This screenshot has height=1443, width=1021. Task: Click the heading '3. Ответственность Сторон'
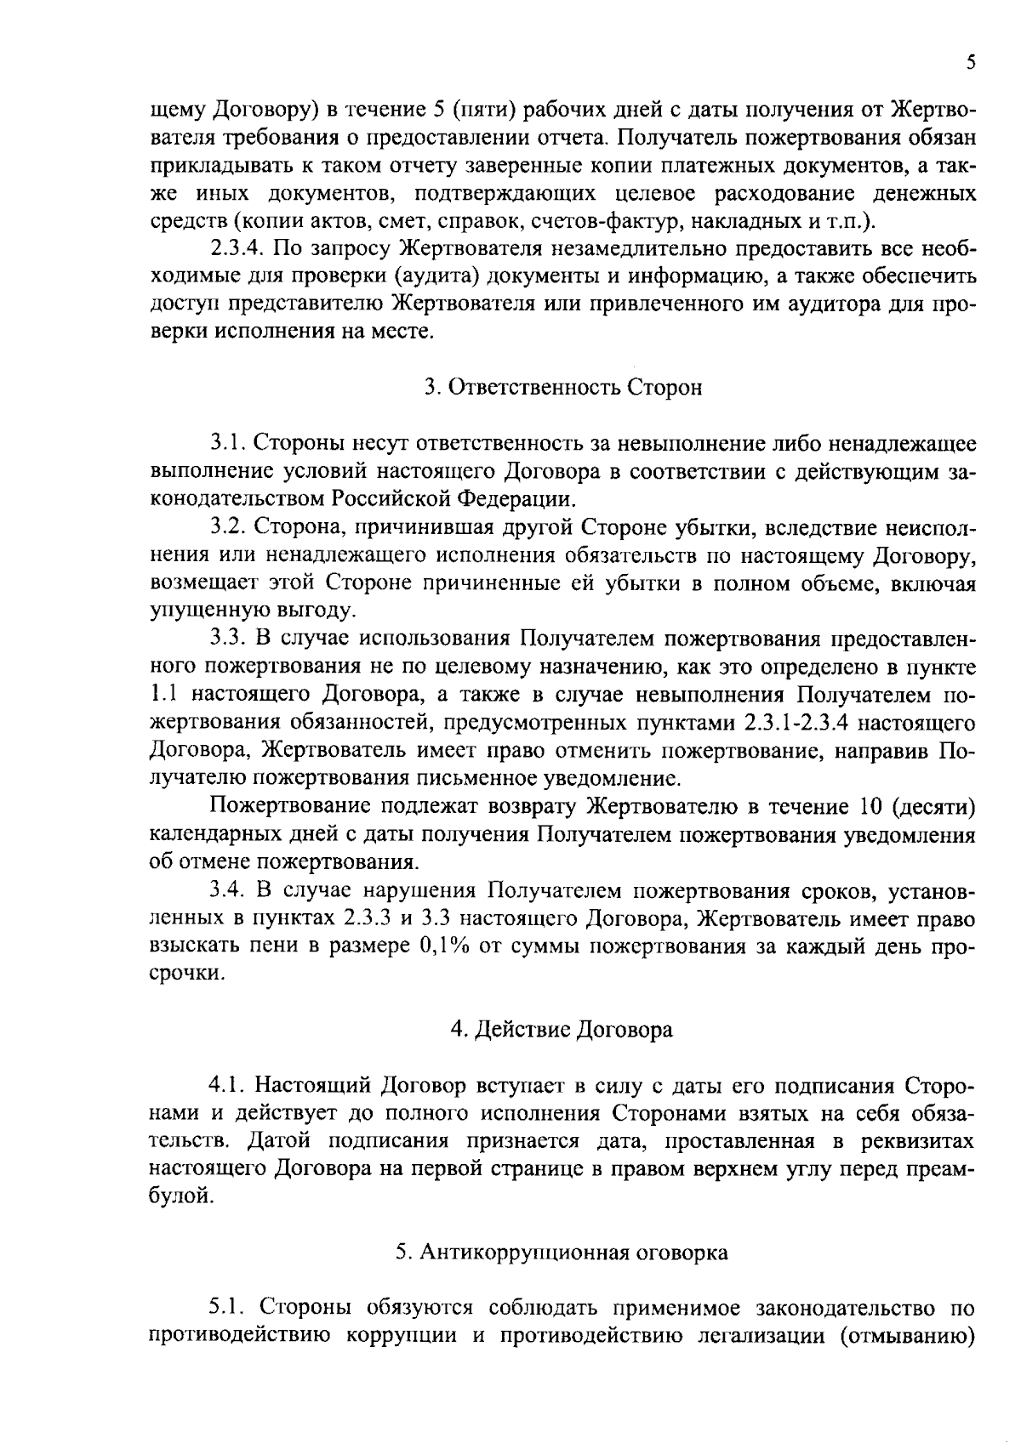pyautogui.click(x=563, y=388)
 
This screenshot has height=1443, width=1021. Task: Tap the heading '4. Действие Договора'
pyautogui.click(x=562, y=1030)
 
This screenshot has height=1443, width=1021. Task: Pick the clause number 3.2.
pyautogui.click(x=227, y=528)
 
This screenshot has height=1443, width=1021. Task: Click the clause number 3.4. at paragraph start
pyautogui.click(x=227, y=891)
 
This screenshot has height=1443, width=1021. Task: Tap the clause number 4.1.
pyautogui.click(x=227, y=1087)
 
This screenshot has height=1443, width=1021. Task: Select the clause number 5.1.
pyautogui.click(x=227, y=1307)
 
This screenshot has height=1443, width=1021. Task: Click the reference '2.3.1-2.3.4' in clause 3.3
pyautogui.click(x=803, y=724)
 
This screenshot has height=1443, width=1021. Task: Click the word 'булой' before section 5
pyautogui.click(x=176, y=1197)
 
